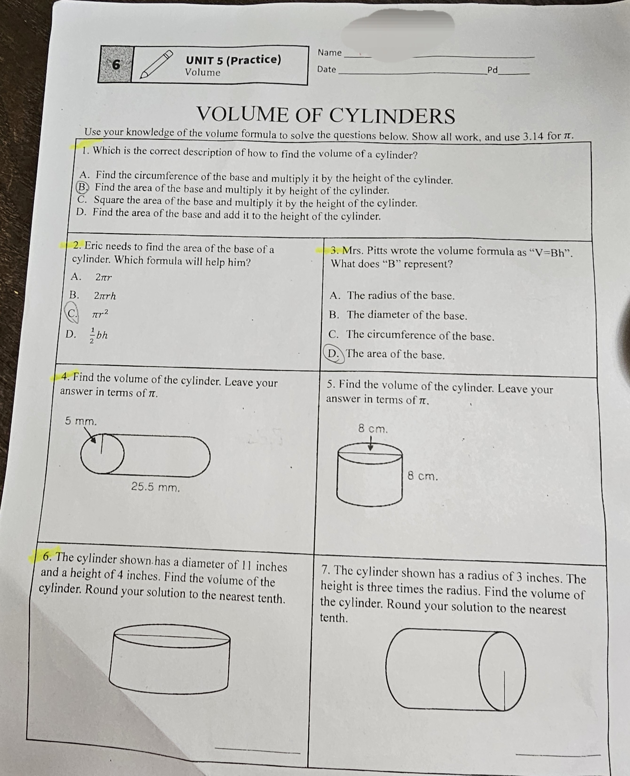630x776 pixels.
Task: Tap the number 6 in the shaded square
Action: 116,65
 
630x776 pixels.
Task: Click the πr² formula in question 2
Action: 100,314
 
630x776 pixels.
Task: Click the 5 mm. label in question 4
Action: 81,421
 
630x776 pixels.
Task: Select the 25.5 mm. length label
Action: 155,487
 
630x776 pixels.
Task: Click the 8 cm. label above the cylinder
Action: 373,429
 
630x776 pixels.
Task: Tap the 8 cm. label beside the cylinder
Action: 422,476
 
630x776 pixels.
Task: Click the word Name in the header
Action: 330,53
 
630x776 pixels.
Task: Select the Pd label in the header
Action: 492,70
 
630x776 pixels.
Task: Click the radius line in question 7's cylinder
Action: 504,690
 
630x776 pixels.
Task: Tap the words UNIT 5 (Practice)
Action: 233,59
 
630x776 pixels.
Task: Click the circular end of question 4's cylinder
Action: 102,454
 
